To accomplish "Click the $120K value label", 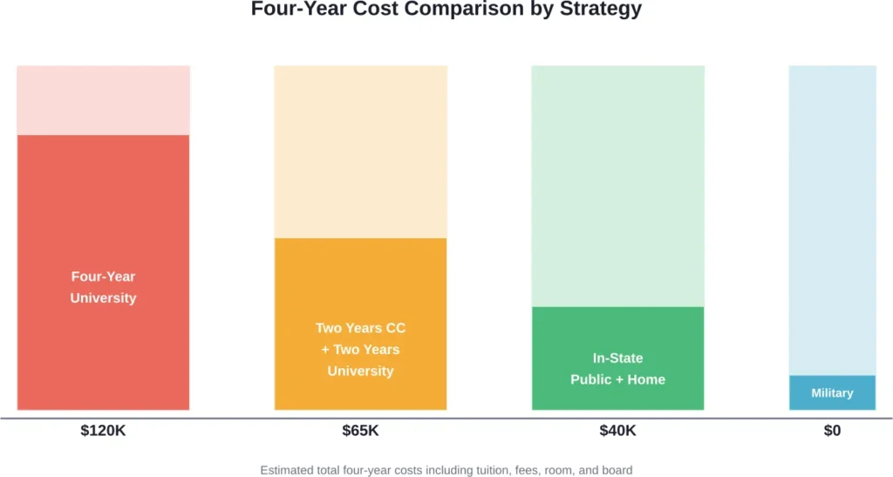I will point(103,431).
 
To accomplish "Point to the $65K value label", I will point(360,431).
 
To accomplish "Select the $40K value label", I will point(617,431).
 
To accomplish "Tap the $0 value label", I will point(832,431).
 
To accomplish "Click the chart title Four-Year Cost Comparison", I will point(446,10).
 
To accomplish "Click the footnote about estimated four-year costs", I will point(446,470).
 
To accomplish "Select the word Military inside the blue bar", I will point(832,393).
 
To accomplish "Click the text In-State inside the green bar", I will point(617,358).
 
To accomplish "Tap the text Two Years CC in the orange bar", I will point(360,329).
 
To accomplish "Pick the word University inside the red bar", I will point(103,298).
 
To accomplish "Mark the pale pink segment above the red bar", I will point(103,100).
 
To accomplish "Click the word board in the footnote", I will point(616,470).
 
